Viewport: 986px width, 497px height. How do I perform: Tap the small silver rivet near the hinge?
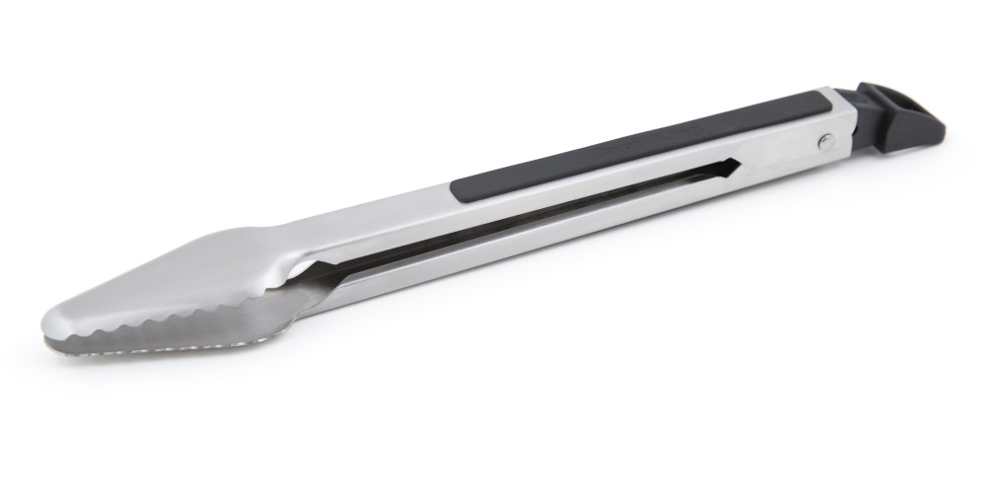coord(825,142)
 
